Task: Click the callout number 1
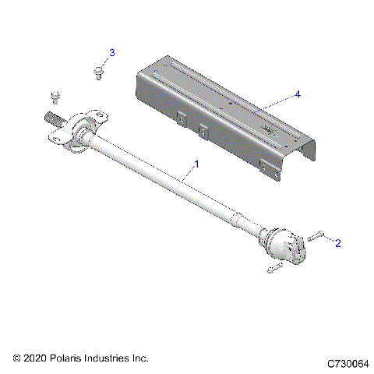point(196,164)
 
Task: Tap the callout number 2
point(338,243)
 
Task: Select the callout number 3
point(111,53)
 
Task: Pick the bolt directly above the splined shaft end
point(55,96)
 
